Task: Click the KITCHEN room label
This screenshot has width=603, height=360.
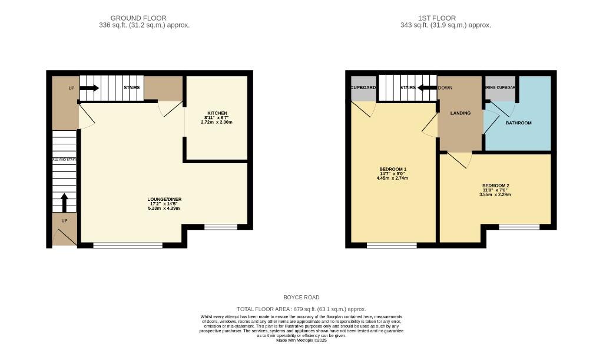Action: pos(217,113)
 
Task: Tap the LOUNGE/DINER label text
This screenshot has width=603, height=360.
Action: pos(163,199)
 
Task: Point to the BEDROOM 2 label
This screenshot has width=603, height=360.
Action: pos(495,185)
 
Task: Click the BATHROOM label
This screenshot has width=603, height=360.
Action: pos(518,123)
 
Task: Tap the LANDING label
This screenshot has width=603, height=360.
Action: pos(460,113)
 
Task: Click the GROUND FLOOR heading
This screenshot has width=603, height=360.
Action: pos(138,18)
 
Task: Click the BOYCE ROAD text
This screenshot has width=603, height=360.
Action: pos(301,298)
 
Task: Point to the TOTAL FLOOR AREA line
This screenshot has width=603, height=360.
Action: pos(301,309)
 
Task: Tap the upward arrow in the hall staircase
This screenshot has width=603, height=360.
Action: pos(65,202)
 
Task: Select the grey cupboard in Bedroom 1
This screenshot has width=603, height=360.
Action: pos(363,88)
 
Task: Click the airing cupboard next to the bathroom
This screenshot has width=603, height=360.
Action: pos(500,88)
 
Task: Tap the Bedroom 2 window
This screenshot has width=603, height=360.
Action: pos(519,227)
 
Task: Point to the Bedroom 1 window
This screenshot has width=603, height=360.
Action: pos(392,245)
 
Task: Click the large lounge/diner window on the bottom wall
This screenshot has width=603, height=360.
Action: pos(128,245)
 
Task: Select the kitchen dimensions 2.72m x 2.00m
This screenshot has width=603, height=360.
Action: pos(217,122)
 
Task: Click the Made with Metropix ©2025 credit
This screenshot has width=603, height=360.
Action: pos(301,341)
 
